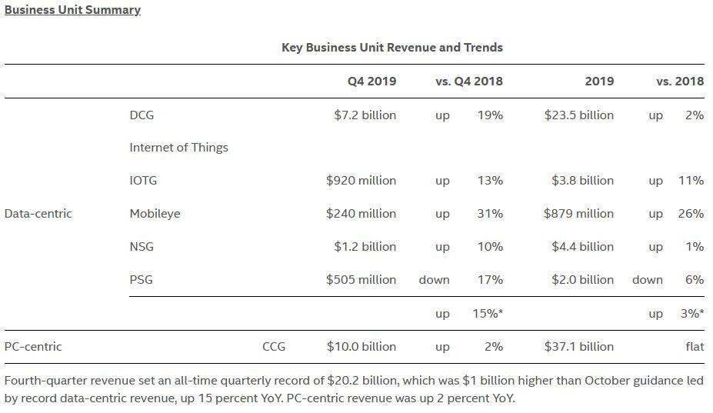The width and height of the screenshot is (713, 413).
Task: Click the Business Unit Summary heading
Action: coord(72,10)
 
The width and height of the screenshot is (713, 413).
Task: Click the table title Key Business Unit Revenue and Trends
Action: coord(392,47)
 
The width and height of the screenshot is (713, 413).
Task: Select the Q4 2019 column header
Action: coord(371,81)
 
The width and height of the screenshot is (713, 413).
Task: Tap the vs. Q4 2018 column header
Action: coord(469,81)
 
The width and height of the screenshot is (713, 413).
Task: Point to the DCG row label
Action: coord(142,115)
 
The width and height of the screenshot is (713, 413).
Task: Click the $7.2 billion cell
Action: coord(365,115)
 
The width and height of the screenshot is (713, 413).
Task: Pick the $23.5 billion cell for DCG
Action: coord(578,115)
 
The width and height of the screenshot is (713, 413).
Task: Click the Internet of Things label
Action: coord(178,148)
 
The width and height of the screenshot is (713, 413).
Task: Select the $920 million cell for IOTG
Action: coord(361,181)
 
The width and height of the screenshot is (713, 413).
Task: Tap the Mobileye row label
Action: coord(155,214)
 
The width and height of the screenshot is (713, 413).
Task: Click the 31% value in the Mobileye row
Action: coord(490,214)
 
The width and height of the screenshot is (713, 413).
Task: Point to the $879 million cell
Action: coord(578,214)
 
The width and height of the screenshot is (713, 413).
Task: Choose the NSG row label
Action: coord(142,247)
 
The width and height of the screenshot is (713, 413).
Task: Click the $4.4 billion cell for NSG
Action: coord(582,247)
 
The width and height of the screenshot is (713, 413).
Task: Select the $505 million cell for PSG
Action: coord(361,280)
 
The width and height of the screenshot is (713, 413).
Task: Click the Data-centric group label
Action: coord(38,214)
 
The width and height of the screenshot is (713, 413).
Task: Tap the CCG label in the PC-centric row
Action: coord(274,347)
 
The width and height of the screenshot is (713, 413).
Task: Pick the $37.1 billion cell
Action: coord(578,347)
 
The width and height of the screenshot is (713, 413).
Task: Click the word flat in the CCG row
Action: coord(695,347)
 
